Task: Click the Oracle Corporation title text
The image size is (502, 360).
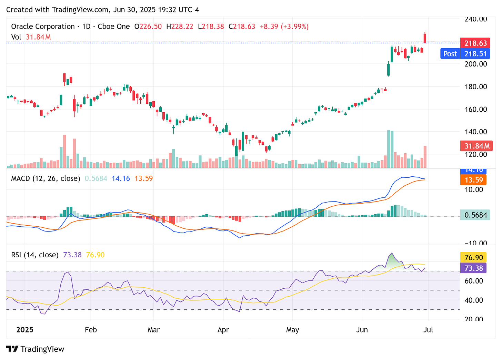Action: click(x=43, y=27)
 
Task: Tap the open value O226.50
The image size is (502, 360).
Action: click(x=148, y=27)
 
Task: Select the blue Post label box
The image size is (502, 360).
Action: click(x=450, y=54)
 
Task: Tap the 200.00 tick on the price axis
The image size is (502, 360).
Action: click(x=475, y=64)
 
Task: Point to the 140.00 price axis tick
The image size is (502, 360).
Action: click(x=475, y=132)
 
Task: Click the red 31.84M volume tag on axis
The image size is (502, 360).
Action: click(x=476, y=146)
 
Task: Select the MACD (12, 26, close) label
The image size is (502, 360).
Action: click(x=46, y=178)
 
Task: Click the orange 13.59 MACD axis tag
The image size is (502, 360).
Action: click(x=473, y=180)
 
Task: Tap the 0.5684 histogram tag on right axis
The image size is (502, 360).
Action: click(x=475, y=215)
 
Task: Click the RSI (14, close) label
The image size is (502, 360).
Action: click(x=35, y=255)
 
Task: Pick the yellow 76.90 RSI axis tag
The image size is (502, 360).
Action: click(x=473, y=258)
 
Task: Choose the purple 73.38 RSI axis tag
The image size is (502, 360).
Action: click(x=473, y=268)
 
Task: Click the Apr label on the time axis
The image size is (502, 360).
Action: click(x=223, y=330)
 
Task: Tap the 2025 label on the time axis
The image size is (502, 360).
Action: click(x=25, y=330)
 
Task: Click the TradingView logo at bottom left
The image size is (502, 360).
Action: click(x=35, y=349)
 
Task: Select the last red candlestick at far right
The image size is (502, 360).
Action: click(x=425, y=38)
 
